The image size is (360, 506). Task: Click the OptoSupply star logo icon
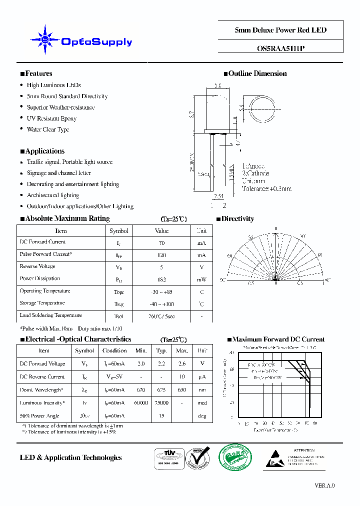click(45, 39)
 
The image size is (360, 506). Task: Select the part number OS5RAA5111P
click(280, 49)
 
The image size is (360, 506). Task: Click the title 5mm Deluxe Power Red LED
click(280, 30)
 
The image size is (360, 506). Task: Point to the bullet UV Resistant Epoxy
click(51, 118)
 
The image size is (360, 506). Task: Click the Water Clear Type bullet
click(48, 129)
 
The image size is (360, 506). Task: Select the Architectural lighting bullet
click(53, 195)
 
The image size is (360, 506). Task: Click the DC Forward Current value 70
click(161, 243)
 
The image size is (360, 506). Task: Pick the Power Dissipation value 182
click(161, 279)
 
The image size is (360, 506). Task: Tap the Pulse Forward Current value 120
click(161, 255)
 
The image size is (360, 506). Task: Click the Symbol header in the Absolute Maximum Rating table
click(119, 231)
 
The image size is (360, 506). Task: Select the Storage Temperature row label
click(42, 303)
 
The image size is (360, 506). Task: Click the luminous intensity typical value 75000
click(161, 403)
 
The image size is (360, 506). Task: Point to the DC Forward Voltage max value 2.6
click(182, 364)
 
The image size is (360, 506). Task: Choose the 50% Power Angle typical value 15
click(161, 416)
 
